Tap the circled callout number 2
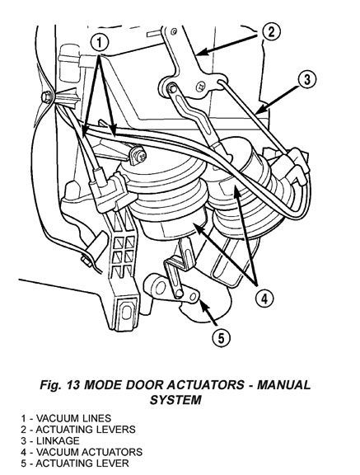click(270, 31)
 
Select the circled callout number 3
click(307, 80)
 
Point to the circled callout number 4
click(264, 299)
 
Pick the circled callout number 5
click(222, 338)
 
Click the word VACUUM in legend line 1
click(58, 418)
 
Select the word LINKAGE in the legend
click(58, 440)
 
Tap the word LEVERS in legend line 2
click(115, 430)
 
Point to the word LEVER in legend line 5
click(112, 463)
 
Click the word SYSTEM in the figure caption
click(175, 400)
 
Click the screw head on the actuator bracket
click(140, 155)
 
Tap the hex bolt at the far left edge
click(46, 96)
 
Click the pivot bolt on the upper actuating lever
click(171, 87)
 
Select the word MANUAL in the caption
click(283, 385)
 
